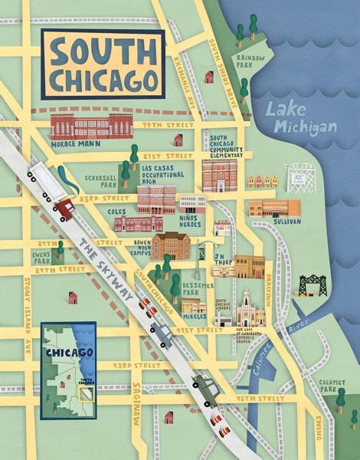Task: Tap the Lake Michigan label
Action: (x=301, y=117)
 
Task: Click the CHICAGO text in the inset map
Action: (x=69, y=353)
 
